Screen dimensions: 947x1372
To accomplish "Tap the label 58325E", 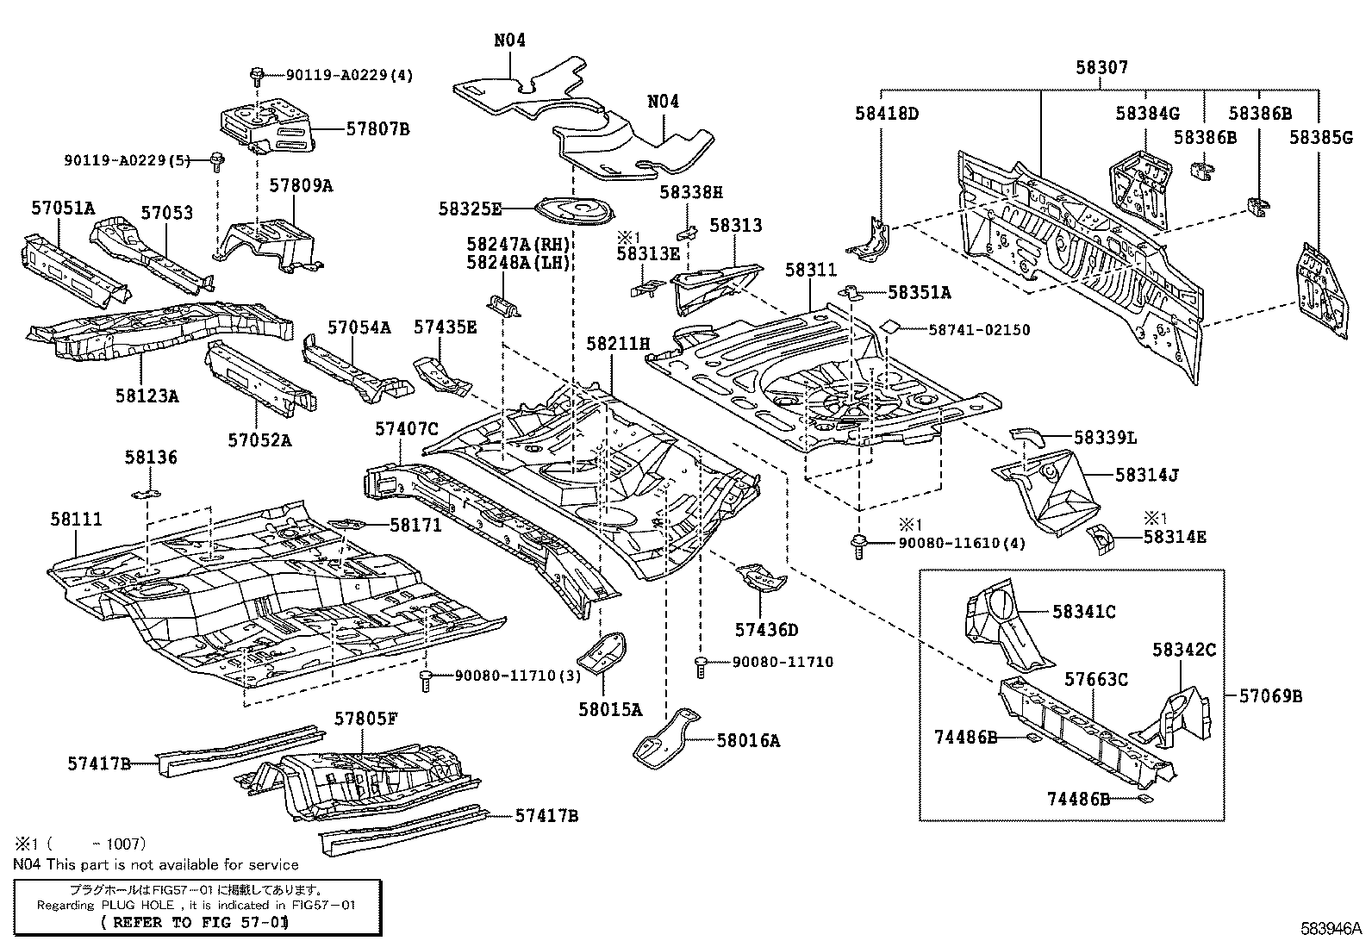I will point(470,209).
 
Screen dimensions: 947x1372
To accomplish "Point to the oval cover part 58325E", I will point(574,209).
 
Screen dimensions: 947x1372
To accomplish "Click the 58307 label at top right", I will point(1101,67).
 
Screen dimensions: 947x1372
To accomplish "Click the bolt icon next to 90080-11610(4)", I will point(858,545).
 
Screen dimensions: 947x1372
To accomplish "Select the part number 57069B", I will point(1270,695).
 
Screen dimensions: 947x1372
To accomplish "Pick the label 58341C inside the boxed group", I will point(1084,612).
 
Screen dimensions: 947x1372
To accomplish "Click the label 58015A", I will point(610,710).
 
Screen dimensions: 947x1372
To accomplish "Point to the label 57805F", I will point(365,719).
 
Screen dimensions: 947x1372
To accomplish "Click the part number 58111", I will point(76,519).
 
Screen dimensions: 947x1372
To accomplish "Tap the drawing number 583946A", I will point(1331,930).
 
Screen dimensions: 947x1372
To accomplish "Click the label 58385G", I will point(1321,137).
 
